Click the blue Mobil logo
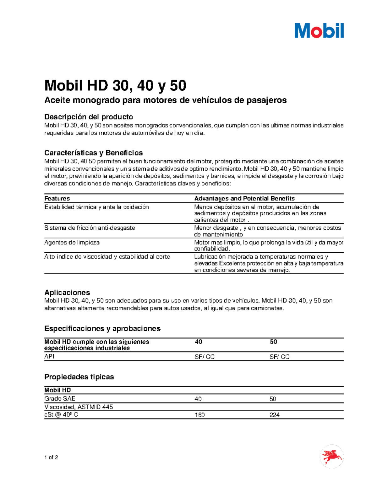pyautogui.click(x=319, y=31)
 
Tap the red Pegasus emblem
pyautogui.click(x=331, y=456)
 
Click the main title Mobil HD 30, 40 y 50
pyautogui.click(x=115, y=85)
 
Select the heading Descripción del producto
pyautogui.click(x=89, y=117)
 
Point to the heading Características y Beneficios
pyautogui.click(x=93, y=153)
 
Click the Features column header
pyautogui.click(x=57, y=198)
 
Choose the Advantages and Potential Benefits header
pyautogui.click(x=244, y=198)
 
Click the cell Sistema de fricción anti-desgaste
pyautogui.click(x=90, y=228)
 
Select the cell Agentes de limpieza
pyautogui.click(x=72, y=242)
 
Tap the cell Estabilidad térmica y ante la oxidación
pyautogui.click(x=96, y=207)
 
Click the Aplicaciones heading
pyautogui.click(x=67, y=292)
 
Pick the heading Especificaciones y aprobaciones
pyautogui.click(x=102, y=328)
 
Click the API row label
pyautogui.click(x=49, y=356)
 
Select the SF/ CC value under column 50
pyautogui.click(x=279, y=357)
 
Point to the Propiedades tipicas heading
pyautogui.click(x=79, y=377)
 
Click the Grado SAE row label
pyautogui.click(x=60, y=398)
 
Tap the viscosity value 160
pyautogui.click(x=199, y=415)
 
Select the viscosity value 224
pyautogui.click(x=274, y=415)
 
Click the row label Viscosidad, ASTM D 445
pyautogui.click(x=79, y=407)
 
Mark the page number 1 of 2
pyautogui.click(x=51, y=457)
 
